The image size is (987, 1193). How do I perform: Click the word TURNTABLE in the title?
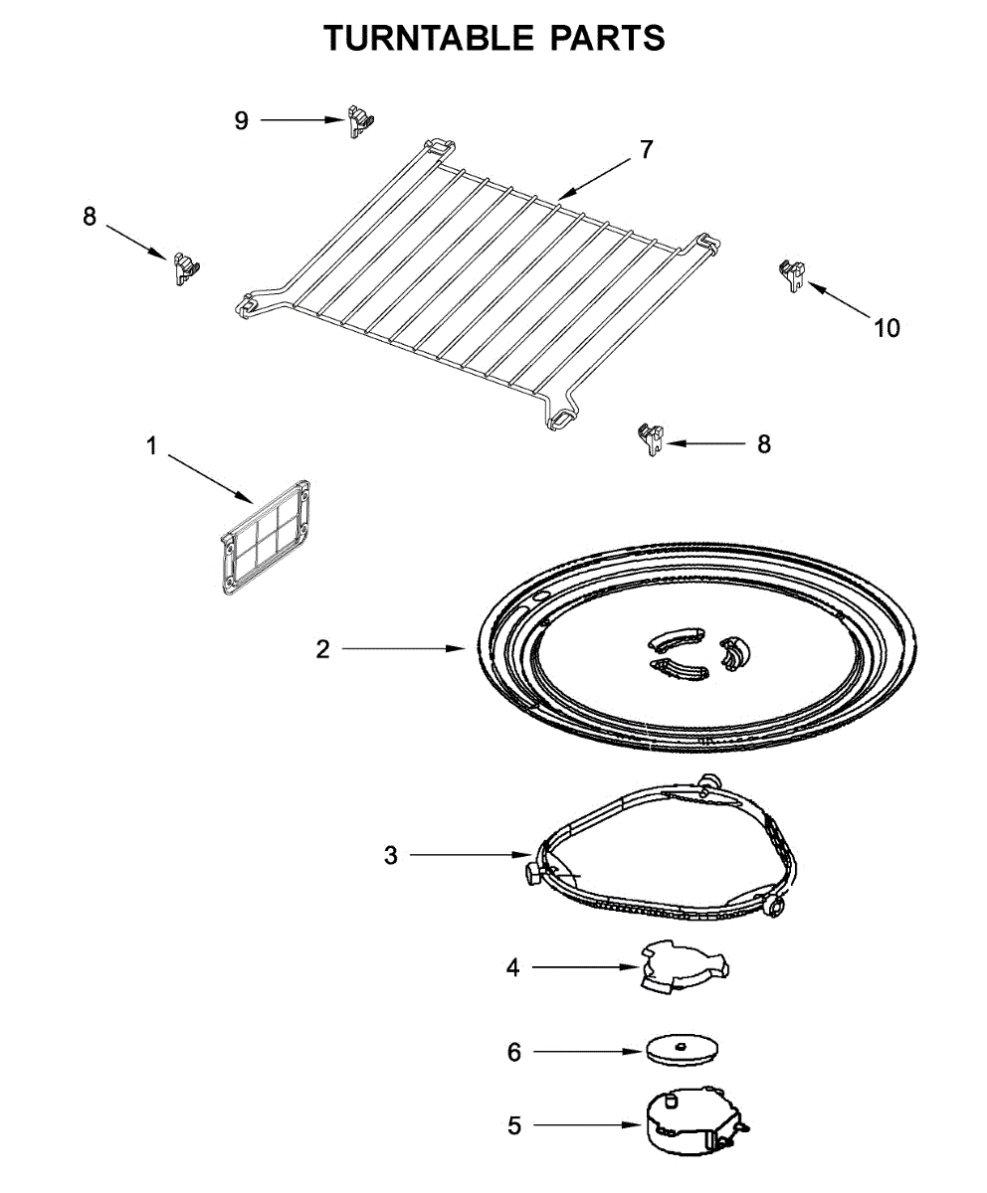pyautogui.click(x=428, y=37)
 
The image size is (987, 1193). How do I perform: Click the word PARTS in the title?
pyautogui.click(x=607, y=37)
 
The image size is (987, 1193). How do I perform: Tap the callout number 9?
pyautogui.click(x=242, y=120)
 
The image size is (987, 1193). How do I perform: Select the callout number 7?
pyautogui.click(x=647, y=150)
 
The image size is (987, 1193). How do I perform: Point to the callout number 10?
pyautogui.click(x=887, y=327)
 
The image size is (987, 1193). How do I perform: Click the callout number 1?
pyautogui.click(x=152, y=446)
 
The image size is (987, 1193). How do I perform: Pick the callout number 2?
pyautogui.click(x=322, y=650)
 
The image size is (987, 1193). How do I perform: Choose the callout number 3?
pyautogui.click(x=391, y=854)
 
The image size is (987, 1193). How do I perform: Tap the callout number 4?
pyautogui.click(x=513, y=966)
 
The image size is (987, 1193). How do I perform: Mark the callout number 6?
pyautogui.click(x=514, y=1052)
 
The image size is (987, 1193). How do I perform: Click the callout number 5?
pyautogui.click(x=514, y=1126)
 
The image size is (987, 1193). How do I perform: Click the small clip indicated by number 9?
pyautogui.click(x=360, y=120)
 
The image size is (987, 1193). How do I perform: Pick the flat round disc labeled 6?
pyautogui.click(x=682, y=1049)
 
